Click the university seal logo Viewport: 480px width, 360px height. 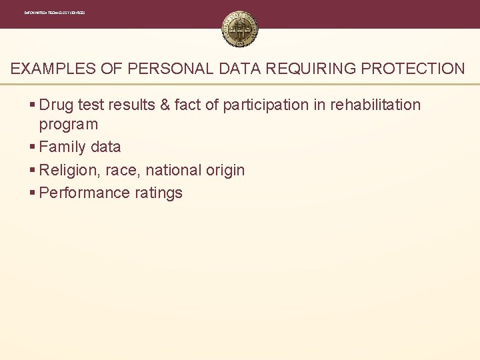[240, 30]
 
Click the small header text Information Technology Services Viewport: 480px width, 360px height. [55, 13]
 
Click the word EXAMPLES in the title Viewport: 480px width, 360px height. [49, 69]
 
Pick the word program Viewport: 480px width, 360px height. [69, 125]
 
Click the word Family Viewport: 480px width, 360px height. [63, 147]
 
